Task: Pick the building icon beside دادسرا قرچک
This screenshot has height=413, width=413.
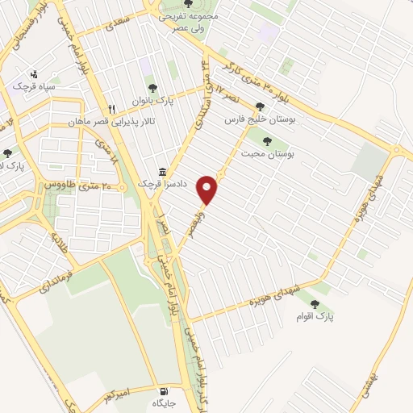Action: [x=164, y=172]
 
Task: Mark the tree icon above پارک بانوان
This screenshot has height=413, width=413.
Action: [x=151, y=89]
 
